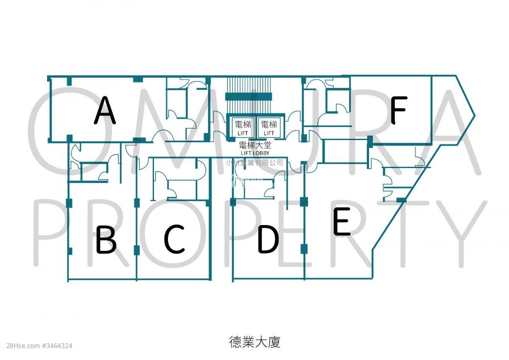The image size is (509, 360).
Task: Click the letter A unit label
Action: point(105,110)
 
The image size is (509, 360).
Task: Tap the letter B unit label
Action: point(106,239)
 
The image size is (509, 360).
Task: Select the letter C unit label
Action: point(174,239)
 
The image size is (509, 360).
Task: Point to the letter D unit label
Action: point(268,239)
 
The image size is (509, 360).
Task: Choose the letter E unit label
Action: point(341,221)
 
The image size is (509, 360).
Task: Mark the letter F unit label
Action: point(399,110)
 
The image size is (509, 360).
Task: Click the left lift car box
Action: point(243,127)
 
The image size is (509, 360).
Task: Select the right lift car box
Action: point(269,127)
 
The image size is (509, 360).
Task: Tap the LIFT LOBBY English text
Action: point(255,153)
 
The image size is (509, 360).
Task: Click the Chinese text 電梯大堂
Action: point(255,145)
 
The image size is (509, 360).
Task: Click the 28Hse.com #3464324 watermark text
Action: point(39,346)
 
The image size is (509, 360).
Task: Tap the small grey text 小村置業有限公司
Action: point(255,162)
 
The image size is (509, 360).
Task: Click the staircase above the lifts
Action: point(249,95)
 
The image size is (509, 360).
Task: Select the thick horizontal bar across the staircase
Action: point(249,96)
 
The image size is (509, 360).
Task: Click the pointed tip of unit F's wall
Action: point(475,115)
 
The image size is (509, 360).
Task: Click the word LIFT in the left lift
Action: point(243,133)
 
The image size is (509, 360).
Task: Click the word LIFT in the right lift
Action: point(269,133)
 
